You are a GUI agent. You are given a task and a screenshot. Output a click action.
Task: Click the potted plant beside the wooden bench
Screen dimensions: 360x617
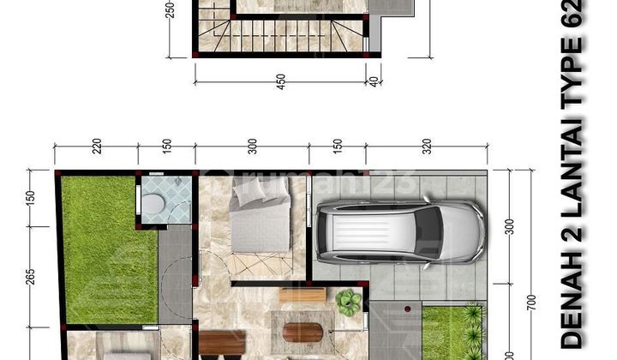pos(349,301)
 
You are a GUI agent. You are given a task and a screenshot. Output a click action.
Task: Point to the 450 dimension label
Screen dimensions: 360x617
pos(280,81)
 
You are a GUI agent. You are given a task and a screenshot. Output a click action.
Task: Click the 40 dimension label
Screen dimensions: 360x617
pos(373,81)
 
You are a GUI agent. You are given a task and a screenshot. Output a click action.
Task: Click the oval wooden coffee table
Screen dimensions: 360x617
pos(306,329)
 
